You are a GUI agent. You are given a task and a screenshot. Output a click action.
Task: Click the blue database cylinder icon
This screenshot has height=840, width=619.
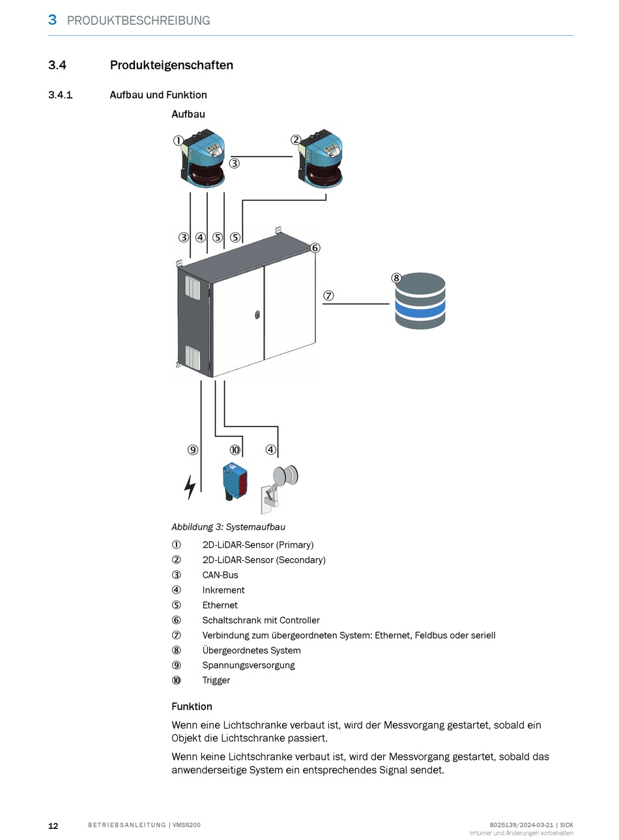click(x=420, y=301)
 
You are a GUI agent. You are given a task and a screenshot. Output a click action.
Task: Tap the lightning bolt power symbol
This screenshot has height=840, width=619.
click(x=190, y=487)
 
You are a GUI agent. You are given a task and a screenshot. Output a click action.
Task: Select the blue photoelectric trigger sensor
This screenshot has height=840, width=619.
click(x=234, y=481)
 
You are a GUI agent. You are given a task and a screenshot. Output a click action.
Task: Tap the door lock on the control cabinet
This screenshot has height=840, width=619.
click(x=257, y=314)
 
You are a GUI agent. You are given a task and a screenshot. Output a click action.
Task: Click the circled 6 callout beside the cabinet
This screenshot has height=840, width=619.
click(x=315, y=248)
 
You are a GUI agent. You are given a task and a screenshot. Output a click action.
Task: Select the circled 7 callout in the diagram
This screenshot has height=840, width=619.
click(x=329, y=295)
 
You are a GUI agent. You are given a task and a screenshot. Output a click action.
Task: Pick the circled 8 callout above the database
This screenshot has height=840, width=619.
click(x=396, y=278)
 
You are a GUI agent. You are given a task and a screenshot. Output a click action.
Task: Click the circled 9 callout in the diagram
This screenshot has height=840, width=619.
click(x=192, y=449)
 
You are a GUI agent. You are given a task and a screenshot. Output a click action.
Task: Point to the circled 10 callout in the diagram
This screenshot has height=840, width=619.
click(x=235, y=449)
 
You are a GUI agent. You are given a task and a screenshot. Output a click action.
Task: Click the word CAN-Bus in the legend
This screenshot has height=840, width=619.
click(x=220, y=575)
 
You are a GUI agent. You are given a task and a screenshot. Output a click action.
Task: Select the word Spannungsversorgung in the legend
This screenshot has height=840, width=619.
click(x=248, y=665)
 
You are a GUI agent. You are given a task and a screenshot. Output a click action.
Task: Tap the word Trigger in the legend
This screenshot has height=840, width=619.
click(x=216, y=680)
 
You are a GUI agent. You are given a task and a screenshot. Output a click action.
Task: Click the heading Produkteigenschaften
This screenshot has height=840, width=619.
click(x=171, y=65)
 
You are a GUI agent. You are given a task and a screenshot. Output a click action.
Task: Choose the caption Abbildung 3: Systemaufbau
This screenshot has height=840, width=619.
click(x=228, y=527)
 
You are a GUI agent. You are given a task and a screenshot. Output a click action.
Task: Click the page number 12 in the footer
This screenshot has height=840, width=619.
click(x=53, y=826)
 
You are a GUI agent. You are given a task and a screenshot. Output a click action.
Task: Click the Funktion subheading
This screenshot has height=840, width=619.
click(x=192, y=706)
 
